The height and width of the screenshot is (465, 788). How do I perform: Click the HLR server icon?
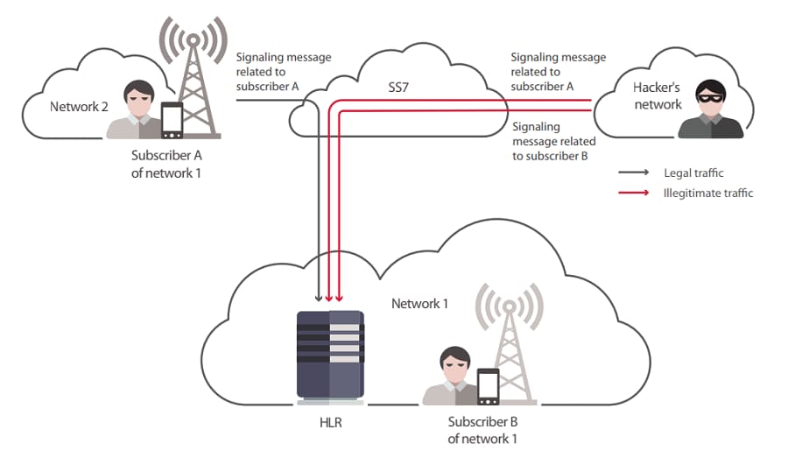pos(330,357)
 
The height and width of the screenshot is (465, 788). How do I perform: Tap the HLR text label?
pos(331,422)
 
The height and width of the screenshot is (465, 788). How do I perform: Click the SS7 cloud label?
pos(398,88)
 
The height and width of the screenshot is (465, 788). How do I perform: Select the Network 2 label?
pos(79,107)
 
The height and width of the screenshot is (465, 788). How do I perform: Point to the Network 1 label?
pos(419,304)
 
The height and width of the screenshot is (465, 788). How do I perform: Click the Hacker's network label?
pos(657,95)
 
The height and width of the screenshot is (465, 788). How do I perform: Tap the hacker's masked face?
pos(711,96)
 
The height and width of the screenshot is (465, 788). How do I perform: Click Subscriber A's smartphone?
pos(172,120)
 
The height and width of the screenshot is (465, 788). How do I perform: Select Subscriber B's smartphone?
pos(488,386)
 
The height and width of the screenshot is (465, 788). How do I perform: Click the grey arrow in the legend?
pos(634,173)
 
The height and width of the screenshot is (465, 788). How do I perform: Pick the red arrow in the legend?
pos(634,193)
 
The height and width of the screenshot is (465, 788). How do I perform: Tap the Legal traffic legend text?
pos(693,173)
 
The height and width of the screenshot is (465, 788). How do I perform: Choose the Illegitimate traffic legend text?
pos(708,193)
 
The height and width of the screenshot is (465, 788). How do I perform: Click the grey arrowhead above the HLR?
pos(318,298)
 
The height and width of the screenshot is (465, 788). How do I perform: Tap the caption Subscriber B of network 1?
pos(482,430)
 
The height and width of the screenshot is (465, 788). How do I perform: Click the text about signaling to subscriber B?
pos(554,141)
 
